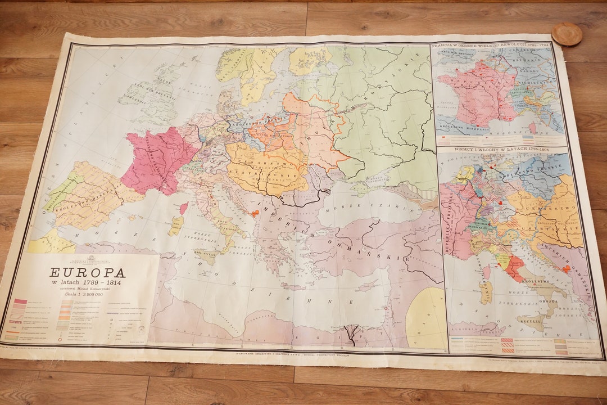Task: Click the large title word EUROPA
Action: [87, 273]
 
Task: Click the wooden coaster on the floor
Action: [567, 34]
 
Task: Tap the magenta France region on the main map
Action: [155, 160]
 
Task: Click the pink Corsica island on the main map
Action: [183, 208]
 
